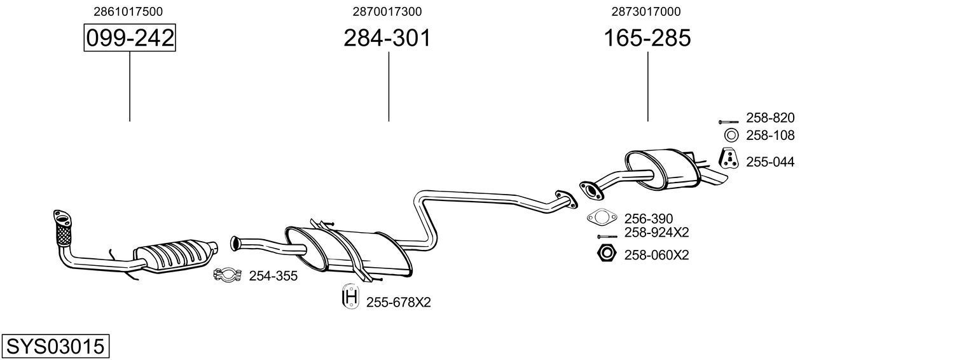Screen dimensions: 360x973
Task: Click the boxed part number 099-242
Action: [x=130, y=38]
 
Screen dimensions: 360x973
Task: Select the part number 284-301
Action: [x=387, y=38]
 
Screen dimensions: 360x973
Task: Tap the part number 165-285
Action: [x=647, y=38]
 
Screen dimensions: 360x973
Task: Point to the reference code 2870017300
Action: [x=387, y=11]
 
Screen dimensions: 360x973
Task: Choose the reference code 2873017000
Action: [x=646, y=11]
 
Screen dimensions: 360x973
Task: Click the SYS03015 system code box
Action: [x=55, y=347]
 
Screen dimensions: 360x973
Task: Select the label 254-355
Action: [x=273, y=276]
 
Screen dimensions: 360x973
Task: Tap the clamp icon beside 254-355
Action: [x=226, y=275]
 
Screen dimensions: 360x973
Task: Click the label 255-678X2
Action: [x=398, y=303]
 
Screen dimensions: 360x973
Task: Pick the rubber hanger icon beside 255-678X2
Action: [x=350, y=298]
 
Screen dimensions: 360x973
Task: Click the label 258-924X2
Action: [x=656, y=232]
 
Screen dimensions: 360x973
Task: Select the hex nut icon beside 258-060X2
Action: [x=607, y=254]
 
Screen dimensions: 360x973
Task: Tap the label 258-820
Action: [x=770, y=118]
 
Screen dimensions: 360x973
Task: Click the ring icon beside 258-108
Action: [x=731, y=135]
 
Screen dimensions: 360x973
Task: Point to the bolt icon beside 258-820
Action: [x=728, y=120]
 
